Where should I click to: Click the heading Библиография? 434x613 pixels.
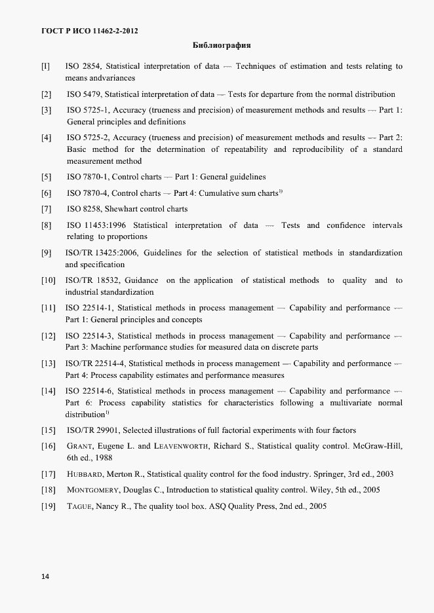pyautogui.click(x=222, y=46)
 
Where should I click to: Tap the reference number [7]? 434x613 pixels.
pyautogui.click(x=46, y=210)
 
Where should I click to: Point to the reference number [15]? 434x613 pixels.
pyautogui.click(x=48, y=431)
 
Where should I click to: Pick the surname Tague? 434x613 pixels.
pyautogui.click(x=80, y=507)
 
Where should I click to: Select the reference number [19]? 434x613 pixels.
pyautogui.click(x=48, y=507)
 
